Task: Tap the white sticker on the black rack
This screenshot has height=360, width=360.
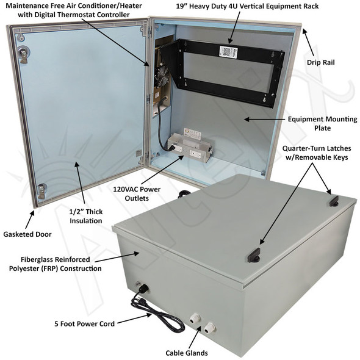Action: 228,52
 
